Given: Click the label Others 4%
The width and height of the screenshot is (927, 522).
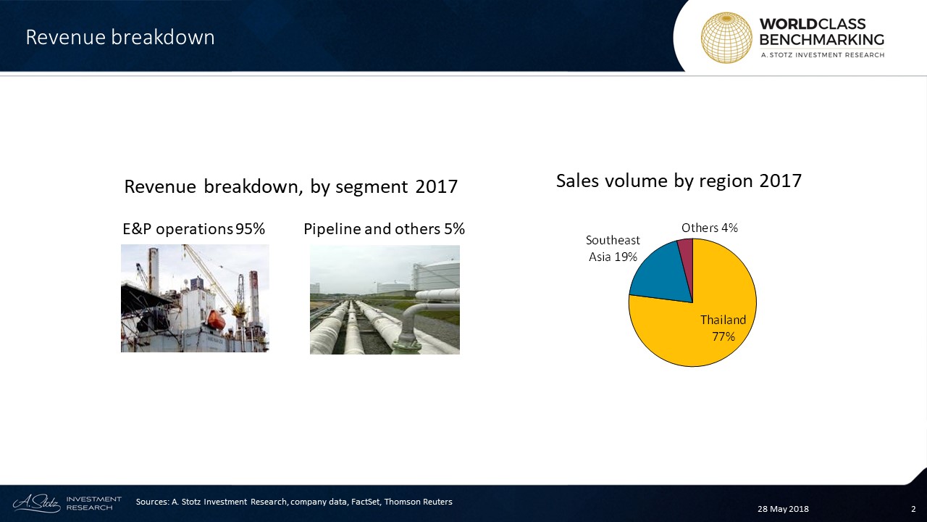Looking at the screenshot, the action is coord(709,228).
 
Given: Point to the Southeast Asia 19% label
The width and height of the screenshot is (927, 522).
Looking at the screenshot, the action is coord(613,248).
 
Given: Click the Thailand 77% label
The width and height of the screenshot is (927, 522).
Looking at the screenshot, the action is coord(723,328).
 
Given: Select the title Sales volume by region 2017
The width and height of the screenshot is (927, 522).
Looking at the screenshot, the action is coord(679,181).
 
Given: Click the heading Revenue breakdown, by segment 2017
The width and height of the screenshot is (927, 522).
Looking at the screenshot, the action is coord(291,187).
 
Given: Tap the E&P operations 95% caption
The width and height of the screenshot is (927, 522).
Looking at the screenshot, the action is coord(193,228).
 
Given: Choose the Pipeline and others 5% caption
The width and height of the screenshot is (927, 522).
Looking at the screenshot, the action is coord(384,228).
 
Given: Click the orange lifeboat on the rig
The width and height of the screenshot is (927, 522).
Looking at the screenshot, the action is coord(216,320).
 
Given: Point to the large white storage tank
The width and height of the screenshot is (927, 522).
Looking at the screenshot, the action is coord(437,275).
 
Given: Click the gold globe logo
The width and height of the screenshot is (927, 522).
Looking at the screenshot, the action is coord(726,38).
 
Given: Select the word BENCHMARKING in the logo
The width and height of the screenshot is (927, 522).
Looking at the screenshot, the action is coord(821,40).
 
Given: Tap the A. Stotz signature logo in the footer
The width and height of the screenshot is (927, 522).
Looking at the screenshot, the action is coord(36,503).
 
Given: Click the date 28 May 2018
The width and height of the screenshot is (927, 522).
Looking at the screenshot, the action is coord(783,509).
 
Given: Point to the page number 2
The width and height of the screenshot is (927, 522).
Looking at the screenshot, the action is coord(913,509).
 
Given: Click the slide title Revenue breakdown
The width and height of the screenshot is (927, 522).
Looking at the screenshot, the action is coord(120,37).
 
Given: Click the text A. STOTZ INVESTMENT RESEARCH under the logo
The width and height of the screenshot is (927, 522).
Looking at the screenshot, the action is coord(822,55).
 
